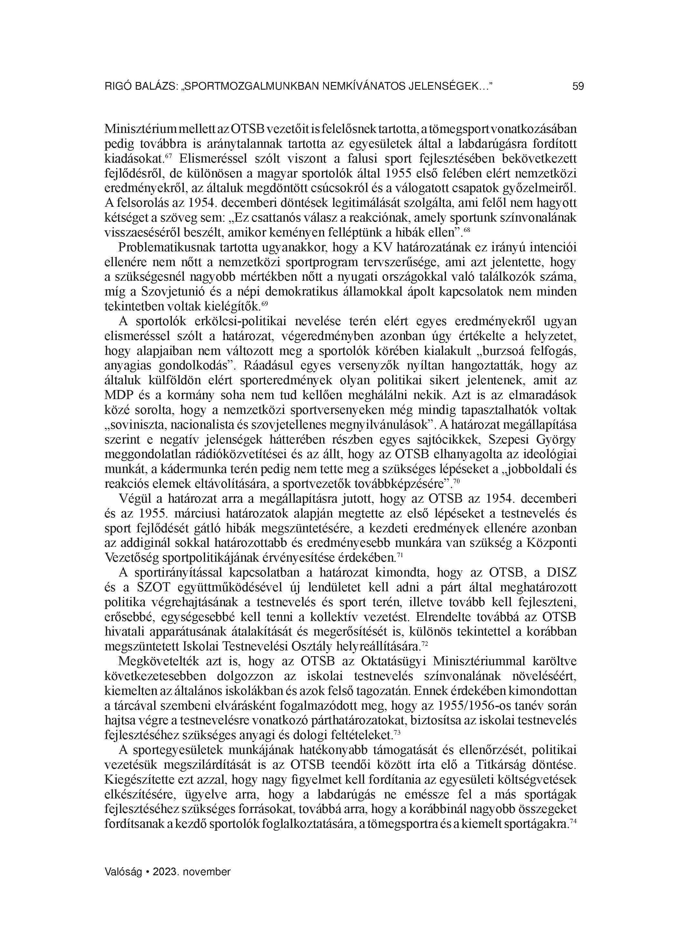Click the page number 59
point(578,87)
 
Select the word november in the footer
point(208,872)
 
